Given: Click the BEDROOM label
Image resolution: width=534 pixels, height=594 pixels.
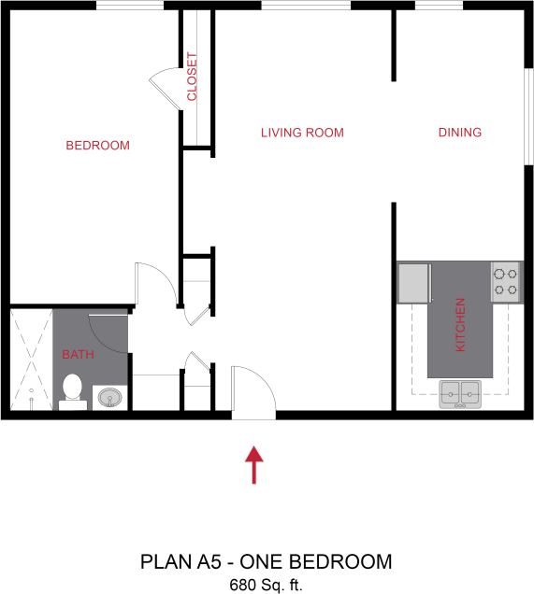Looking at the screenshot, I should pyautogui.click(x=97, y=146).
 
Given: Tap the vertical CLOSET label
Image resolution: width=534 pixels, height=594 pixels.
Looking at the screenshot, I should pyautogui.click(x=193, y=78).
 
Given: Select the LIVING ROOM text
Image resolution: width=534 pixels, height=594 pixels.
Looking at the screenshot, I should pyautogui.click(x=301, y=133).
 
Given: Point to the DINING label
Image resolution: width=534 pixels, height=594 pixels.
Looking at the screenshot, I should pyautogui.click(x=459, y=133).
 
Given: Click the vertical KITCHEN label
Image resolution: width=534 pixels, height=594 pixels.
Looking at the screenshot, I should pyautogui.click(x=460, y=325).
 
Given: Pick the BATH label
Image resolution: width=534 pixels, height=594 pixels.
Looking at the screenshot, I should pyautogui.click(x=78, y=355).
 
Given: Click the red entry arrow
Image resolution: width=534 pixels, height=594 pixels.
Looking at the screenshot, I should pyautogui.click(x=253, y=465).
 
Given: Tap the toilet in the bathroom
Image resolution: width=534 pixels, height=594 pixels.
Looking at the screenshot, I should pyautogui.click(x=72, y=389).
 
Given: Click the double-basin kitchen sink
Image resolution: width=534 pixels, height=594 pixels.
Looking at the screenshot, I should pyautogui.click(x=459, y=394).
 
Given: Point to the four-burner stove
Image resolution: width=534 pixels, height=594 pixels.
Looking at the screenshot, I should pyautogui.click(x=506, y=281).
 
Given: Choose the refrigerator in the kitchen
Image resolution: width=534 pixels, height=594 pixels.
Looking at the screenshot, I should pyautogui.click(x=413, y=283).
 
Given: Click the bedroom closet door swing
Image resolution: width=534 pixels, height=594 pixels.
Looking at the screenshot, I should pyautogui.click(x=166, y=88).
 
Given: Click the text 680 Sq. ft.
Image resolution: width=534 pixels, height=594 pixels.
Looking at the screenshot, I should pyautogui.click(x=267, y=585).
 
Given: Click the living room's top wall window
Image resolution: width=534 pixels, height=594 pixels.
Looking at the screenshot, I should pyautogui.click(x=306, y=6).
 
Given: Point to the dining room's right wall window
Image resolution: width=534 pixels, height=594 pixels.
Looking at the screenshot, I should pyautogui.click(x=528, y=103).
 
